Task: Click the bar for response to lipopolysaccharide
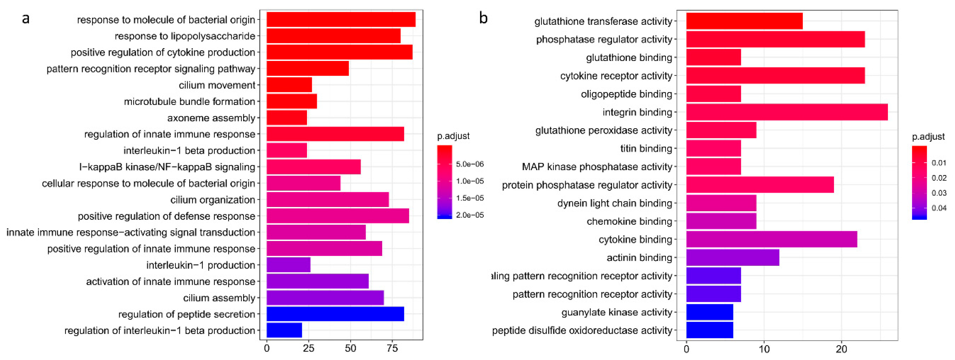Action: [333, 36]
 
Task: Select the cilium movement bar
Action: [289, 85]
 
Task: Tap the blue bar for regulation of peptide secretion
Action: [335, 314]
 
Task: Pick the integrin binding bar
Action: [787, 112]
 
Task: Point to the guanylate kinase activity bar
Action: [710, 312]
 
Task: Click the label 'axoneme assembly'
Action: [211, 118]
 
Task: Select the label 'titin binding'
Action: [646, 148]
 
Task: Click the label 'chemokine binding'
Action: [629, 221]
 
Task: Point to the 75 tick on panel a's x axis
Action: [392, 349]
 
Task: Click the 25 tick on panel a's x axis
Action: [308, 349]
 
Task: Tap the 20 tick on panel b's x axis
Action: [841, 349]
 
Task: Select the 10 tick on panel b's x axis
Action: [764, 349]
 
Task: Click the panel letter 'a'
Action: [26, 18]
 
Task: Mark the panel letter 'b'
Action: [483, 18]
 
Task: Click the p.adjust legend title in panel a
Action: [453, 136]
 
